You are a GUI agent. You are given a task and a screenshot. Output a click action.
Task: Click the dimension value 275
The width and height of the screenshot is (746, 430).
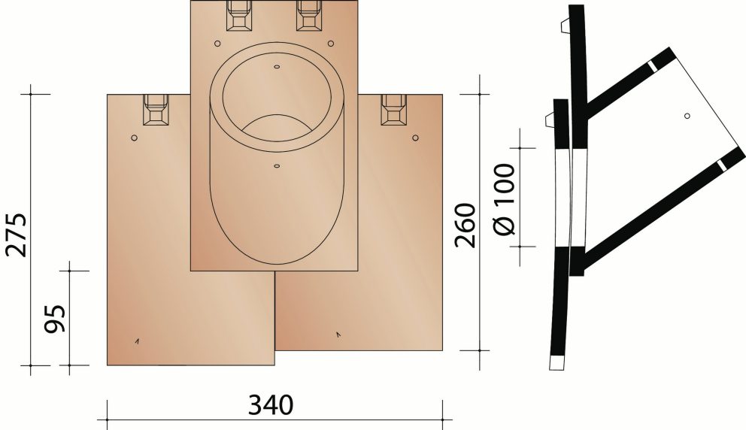pos(17,235)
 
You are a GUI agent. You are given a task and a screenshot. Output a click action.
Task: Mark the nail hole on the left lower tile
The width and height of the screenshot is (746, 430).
pos(134,138)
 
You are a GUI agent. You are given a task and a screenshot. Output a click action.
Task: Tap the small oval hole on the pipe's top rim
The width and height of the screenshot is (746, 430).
pos(277,67)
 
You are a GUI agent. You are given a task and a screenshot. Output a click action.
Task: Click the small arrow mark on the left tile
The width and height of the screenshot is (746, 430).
pos(137,341)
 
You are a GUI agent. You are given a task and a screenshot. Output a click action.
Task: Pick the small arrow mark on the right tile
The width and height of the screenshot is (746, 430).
pos(338,333)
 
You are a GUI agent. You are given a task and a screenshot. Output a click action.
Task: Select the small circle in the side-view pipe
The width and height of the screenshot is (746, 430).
pos(687,116)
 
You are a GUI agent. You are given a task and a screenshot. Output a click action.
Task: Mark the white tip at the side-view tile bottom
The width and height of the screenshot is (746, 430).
pos(556,363)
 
